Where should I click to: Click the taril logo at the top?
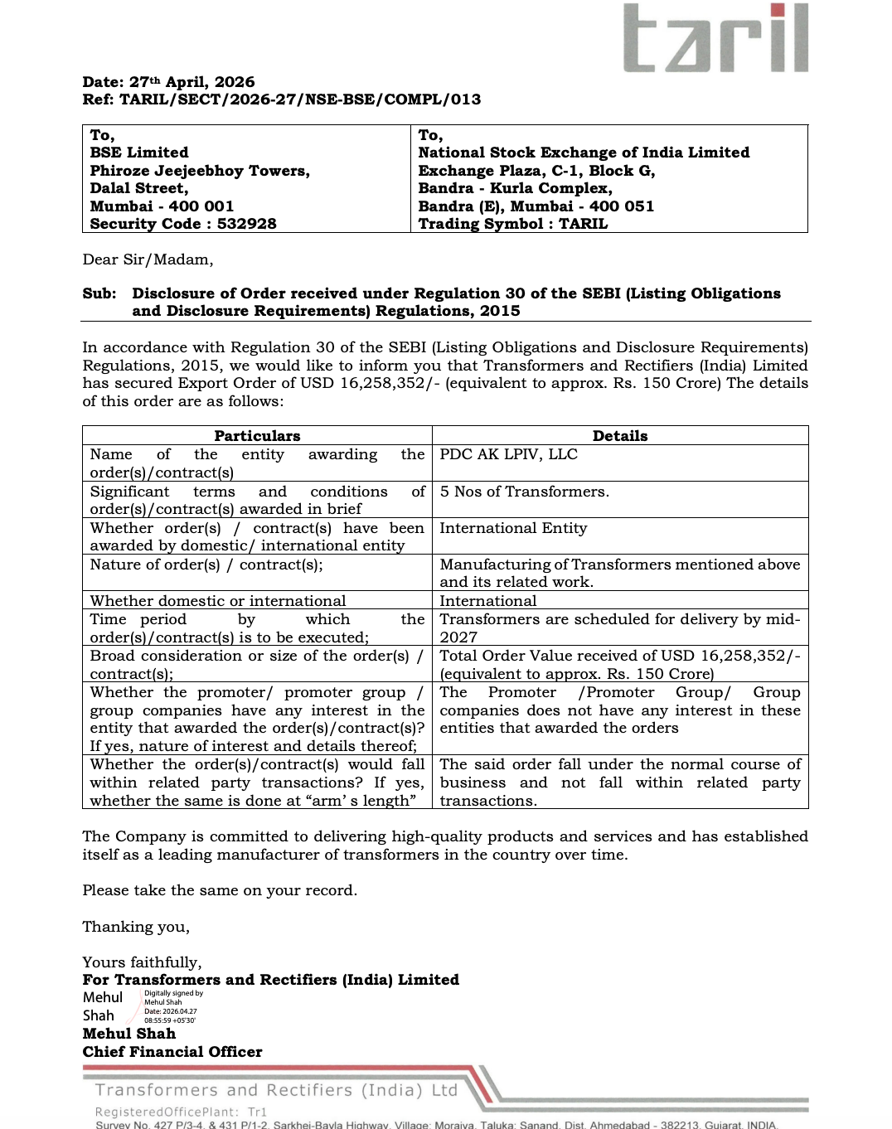[715, 38]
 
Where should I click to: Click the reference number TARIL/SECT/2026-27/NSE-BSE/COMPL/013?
[300, 99]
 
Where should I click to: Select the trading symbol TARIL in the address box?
[583, 224]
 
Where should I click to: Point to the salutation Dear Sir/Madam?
[148, 259]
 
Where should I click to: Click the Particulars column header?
[257, 436]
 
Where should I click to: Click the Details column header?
[619, 436]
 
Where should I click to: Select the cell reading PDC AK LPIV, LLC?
[508, 454]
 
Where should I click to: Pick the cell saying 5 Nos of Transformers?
[524, 492]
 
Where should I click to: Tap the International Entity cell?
[513, 528]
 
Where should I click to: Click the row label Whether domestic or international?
[218, 601]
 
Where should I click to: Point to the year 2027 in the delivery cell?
[458, 637]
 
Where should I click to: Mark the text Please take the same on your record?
[220, 890]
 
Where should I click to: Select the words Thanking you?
[136, 927]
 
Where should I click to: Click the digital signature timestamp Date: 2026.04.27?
[171, 1011]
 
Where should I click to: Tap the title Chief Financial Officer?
[172, 1052]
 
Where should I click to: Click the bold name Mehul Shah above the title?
[129, 1034]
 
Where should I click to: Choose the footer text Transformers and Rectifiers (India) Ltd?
[276, 1090]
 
